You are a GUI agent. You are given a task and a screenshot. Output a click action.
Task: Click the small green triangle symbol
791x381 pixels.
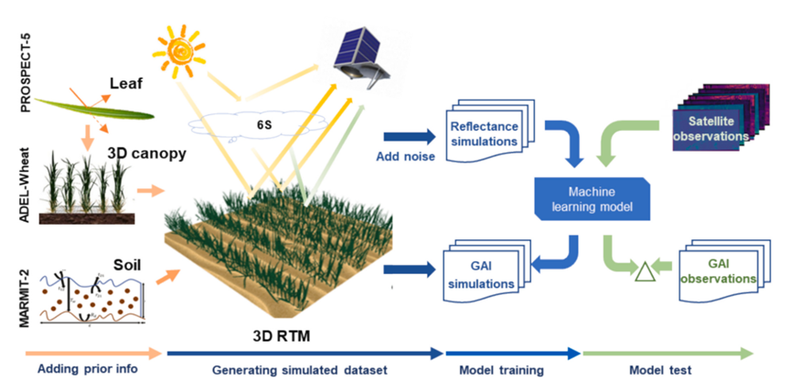click(x=644, y=268)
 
